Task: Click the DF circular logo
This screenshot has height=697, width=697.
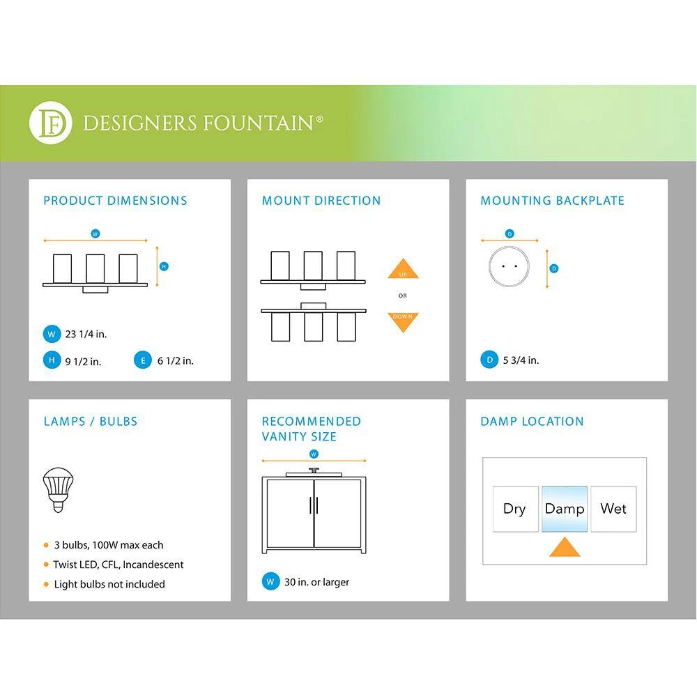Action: [x=50, y=123]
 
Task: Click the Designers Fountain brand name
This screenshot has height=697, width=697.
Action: [x=203, y=124]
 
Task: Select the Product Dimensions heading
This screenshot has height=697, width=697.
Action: [x=115, y=201]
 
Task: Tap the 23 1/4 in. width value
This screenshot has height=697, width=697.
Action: [x=86, y=334]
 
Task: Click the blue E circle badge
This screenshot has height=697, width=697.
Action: [x=142, y=360]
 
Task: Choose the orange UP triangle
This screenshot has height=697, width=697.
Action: [x=403, y=270]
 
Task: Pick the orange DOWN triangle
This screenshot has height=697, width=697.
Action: [x=403, y=321]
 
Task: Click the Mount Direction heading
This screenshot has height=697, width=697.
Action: [x=321, y=201]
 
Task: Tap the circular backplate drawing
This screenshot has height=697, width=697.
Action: [x=509, y=266]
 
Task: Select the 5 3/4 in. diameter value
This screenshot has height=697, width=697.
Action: [x=521, y=360]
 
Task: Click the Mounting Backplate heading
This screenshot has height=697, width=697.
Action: [x=552, y=201]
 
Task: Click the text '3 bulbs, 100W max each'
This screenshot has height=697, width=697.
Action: [x=108, y=545]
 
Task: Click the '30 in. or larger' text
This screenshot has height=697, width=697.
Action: [x=316, y=582]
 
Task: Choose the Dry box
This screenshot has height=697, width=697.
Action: [x=515, y=509]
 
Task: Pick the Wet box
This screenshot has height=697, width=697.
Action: [x=613, y=509]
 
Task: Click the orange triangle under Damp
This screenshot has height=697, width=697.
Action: [x=565, y=547]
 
